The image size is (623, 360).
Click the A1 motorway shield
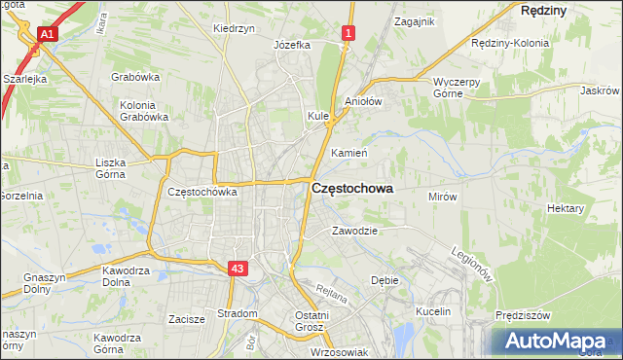(x=47, y=34)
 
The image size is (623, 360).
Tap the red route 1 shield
(x=348, y=34)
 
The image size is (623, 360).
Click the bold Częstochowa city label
(x=352, y=191)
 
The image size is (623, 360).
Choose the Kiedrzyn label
(x=234, y=28)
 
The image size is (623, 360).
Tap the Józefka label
(x=292, y=45)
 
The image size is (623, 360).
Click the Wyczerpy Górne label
(x=457, y=89)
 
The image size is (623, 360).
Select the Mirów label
(x=443, y=196)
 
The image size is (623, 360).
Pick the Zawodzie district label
(x=353, y=231)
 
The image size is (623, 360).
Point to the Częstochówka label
(x=202, y=192)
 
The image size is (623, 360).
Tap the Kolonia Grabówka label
(x=144, y=111)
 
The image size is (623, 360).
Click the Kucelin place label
(x=433, y=311)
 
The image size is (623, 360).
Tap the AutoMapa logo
(x=558, y=342)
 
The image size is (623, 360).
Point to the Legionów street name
(x=471, y=263)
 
